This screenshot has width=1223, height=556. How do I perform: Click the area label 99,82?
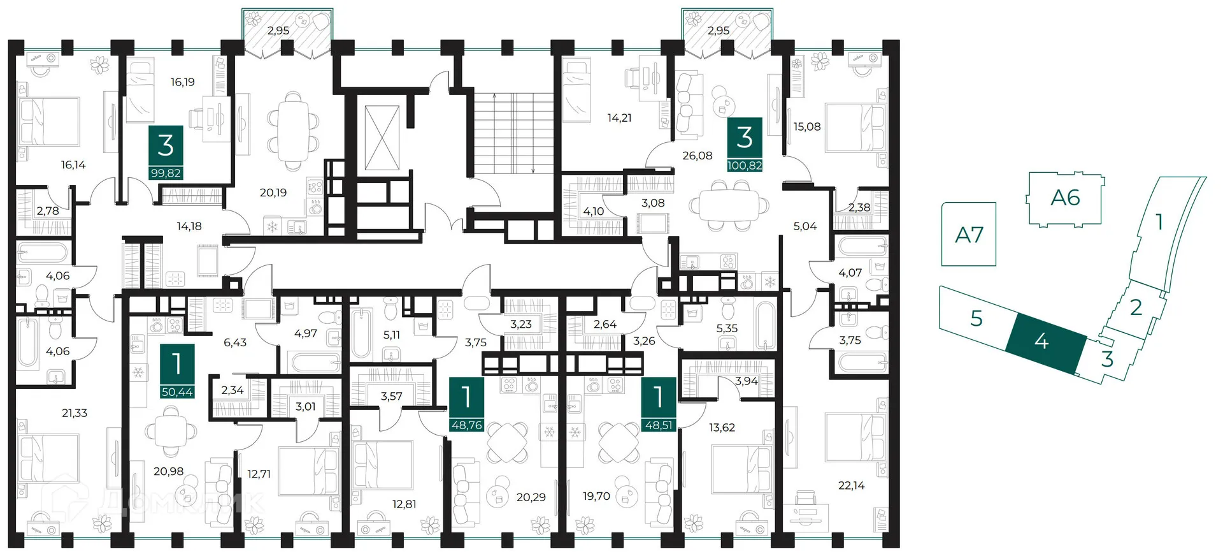pyautogui.click(x=166, y=173)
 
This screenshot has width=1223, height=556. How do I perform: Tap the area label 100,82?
pyautogui.click(x=745, y=165)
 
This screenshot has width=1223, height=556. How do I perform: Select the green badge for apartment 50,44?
pyautogui.click(x=177, y=370)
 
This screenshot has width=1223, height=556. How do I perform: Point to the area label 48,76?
pyautogui.click(x=466, y=425)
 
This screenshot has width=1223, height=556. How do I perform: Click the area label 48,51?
pyautogui.click(x=659, y=425)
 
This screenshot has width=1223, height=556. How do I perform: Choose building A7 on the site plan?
pyautogui.click(x=969, y=234)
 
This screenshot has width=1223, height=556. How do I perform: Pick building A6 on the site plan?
pyautogui.click(x=1065, y=198)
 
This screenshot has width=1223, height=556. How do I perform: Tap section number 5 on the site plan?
pyautogui.click(x=976, y=318)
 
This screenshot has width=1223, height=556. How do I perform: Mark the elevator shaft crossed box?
pyautogui.click(x=382, y=138)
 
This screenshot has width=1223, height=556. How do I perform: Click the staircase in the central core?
pyautogui.click(x=515, y=133)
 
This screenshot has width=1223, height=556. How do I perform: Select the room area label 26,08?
pyautogui.click(x=697, y=156)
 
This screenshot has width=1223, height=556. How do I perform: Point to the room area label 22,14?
pyautogui.click(x=852, y=486)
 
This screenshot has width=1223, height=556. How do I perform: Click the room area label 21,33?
pyautogui.click(x=75, y=413)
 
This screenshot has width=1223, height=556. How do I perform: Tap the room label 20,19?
pyautogui.click(x=273, y=193)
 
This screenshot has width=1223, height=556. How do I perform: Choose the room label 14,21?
pyautogui.click(x=619, y=118)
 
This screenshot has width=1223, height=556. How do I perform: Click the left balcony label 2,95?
pyautogui.click(x=278, y=31)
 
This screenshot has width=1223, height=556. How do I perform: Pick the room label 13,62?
pyautogui.click(x=722, y=428)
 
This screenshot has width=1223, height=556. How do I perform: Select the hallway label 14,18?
pyautogui.click(x=189, y=226)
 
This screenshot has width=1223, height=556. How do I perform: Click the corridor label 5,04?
pyautogui.click(x=805, y=226)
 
